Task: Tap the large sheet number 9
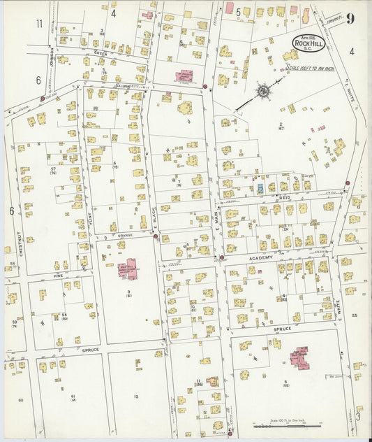click(x=349, y=18)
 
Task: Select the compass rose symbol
click(x=263, y=90)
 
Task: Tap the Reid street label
click(x=284, y=198)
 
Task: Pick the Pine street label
click(x=59, y=276)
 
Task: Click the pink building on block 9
click(x=127, y=269)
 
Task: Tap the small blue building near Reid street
click(x=260, y=188)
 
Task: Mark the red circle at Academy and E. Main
click(x=222, y=257)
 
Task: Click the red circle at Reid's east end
click(x=348, y=183)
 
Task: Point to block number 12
click(x=136, y=397)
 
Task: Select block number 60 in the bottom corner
click(x=20, y=400)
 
